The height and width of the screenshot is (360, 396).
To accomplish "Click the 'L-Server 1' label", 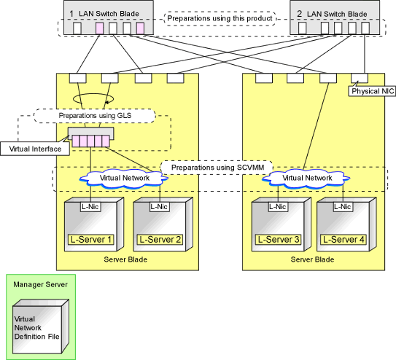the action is pyautogui.click(x=91, y=240).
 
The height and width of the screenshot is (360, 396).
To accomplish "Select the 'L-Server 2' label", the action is pyautogui.click(x=160, y=240).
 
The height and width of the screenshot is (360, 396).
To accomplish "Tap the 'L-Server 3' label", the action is pyautogui.click(x=279, y=240).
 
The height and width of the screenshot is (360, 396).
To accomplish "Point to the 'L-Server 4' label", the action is pyautogui.click(x=343, y=240).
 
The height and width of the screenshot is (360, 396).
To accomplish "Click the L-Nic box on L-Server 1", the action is pyautogui.click(x=90, y=207).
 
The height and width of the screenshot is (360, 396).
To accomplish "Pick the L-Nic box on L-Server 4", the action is pyautogui.click(x=343, y=207).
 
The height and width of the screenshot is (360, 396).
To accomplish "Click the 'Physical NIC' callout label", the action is pyautogui.click(x=372, y=91).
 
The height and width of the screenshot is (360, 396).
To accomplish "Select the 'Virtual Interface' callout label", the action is pyautogui.click(x=35, y=149).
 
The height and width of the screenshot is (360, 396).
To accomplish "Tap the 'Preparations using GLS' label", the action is pyautogui.click(x=95, y=116).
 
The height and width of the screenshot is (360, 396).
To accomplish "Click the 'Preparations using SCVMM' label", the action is pyautogui.click(x=217, y=168).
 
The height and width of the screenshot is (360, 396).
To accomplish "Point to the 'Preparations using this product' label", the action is pyautogui.click(x=220, y=18).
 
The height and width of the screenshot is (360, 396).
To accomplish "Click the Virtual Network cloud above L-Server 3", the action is pyautogui.click(x=306, y=179).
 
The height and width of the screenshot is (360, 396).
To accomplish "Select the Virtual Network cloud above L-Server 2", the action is pyautogui.click(x=124, y=179).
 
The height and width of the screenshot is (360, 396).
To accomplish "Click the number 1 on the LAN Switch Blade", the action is pyautogui.click(x=71, y=14).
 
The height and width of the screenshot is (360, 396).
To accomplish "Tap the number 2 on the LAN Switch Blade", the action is pyautogui.click(x=299, y=14).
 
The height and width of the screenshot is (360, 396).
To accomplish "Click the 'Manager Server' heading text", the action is pyautogui.click(x=40, y=284).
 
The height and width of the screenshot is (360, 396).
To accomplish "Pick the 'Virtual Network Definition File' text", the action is pyautogui.click(x=36, y=328).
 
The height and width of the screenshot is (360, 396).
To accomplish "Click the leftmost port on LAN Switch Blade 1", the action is pyautogui.click(x=77, y=28).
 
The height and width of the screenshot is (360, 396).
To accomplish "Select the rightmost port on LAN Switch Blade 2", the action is pyautogui.click(x=365, y=28).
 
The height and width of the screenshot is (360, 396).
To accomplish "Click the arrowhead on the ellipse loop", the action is pyautogui.click(x=106, y=103).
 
